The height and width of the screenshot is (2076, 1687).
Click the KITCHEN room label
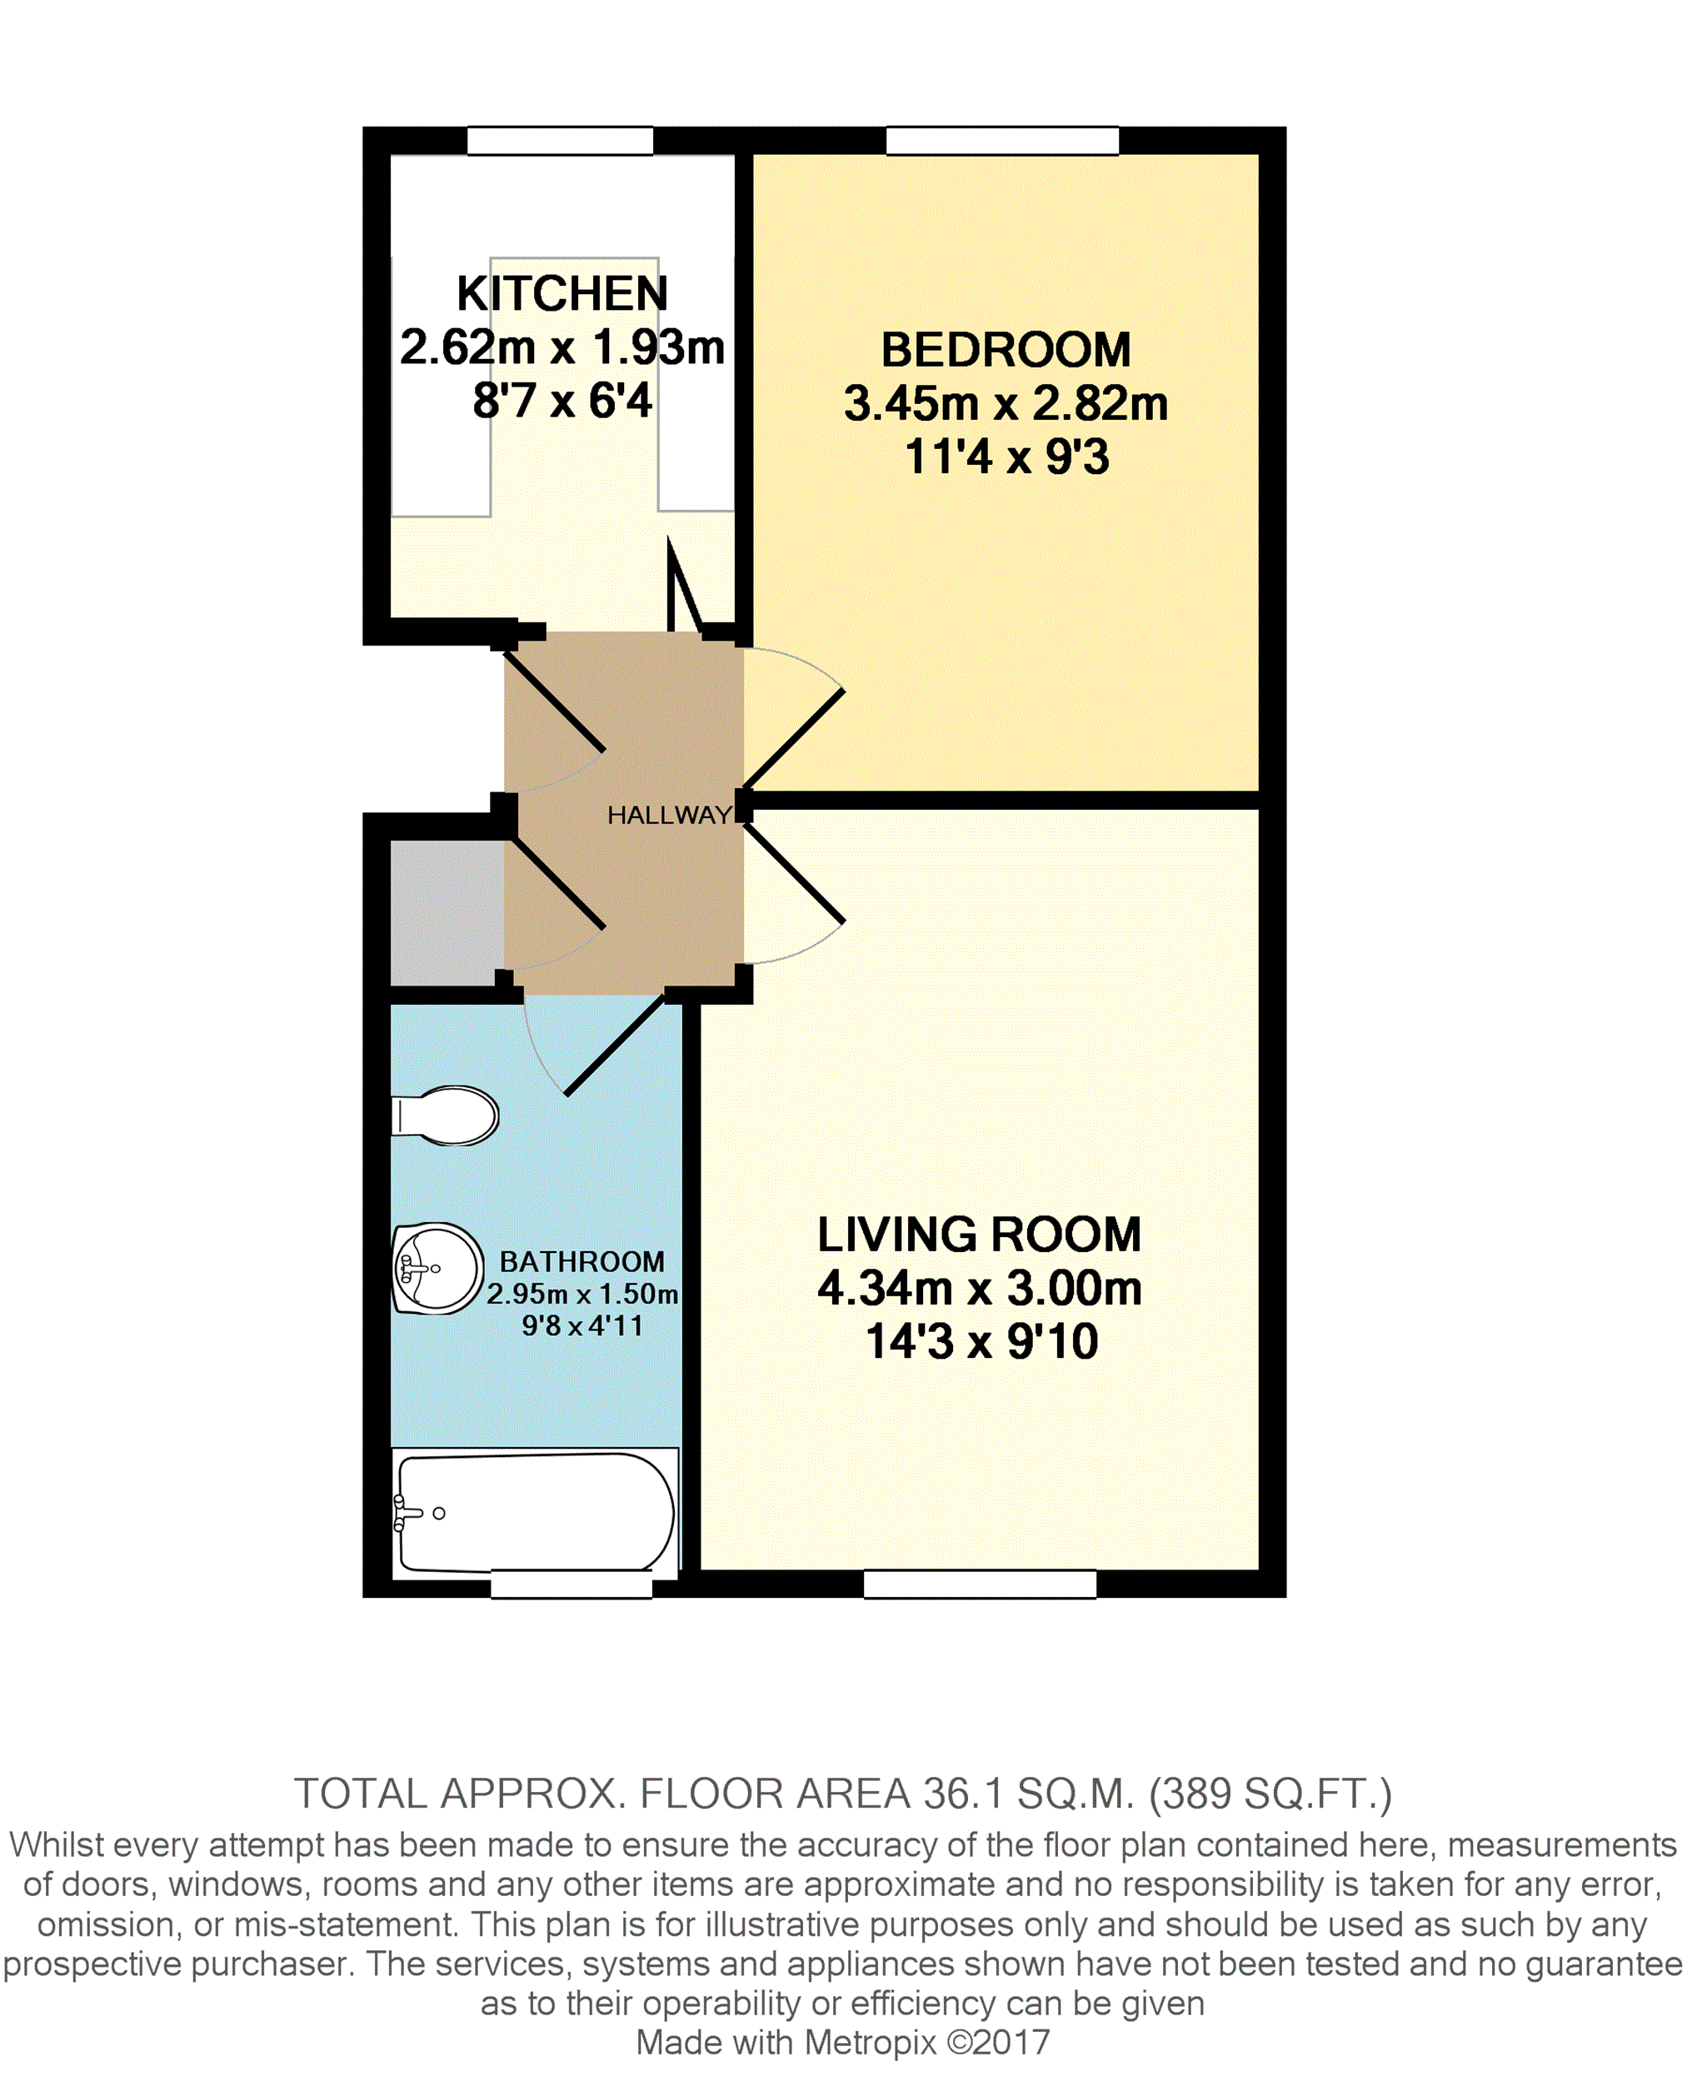coord(562,293)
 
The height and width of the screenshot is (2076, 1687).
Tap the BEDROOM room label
coord(1005,351)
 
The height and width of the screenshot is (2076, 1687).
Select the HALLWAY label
coord(669,816)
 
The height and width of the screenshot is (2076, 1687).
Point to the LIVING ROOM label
coord(979,1235)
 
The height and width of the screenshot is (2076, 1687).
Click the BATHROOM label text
coord(582,1261)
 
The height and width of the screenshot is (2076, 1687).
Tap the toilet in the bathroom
coord(446,1115)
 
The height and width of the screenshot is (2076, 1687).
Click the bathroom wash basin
coord(437,1268)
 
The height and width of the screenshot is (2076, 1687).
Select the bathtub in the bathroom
coord(535,1512)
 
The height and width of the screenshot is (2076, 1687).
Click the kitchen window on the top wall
coord(560,141)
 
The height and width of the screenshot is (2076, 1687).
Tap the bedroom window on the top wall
coord(1002,141)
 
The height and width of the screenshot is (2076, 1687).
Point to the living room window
coord(980,1584)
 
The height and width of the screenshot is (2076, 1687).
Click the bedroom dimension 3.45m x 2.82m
coord(1005,404)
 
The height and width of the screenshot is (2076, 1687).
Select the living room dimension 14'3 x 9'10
coord(981,1342)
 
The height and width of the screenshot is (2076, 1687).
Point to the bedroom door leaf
coord(794,739)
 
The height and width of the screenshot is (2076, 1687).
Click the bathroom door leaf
coord(614,1046)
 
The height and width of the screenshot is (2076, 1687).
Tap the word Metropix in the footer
coord(870,2042)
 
